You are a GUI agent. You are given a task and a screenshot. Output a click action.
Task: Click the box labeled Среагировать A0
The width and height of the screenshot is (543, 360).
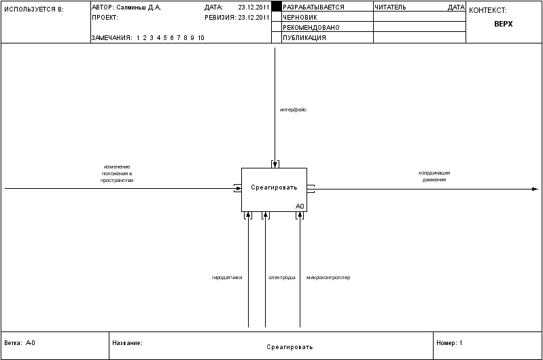pos(274,190)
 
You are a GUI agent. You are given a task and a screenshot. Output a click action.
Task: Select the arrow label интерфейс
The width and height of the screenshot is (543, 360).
pos(293,110)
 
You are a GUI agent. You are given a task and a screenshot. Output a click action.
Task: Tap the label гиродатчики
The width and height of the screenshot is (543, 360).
pos(227,278)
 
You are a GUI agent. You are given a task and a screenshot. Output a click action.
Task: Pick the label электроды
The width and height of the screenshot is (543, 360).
pos(282,278)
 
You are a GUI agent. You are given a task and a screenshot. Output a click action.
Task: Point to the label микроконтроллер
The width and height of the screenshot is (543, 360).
pos(328,278)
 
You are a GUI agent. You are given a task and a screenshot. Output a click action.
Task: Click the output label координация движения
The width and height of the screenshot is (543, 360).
pos(434,176)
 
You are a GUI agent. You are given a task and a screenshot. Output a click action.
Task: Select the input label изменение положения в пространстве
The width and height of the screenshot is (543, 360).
pos(117,173)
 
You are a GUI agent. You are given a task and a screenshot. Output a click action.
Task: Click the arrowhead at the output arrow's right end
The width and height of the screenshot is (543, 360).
pos(535,189)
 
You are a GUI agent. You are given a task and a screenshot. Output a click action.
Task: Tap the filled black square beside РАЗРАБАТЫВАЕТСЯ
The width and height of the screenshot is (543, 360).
pos(277,7)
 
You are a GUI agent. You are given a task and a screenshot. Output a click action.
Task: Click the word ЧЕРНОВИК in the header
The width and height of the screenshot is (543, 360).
pos(300,17)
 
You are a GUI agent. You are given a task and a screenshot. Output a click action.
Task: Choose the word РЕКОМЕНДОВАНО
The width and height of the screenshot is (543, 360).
pos(311,28)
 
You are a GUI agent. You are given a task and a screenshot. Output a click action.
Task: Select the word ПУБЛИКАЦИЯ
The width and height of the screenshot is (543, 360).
pos(304,38)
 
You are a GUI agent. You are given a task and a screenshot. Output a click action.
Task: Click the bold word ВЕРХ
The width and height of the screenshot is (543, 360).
pos(504,24)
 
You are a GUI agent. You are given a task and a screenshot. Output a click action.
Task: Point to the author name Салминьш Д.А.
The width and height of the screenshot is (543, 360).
pos(139,7)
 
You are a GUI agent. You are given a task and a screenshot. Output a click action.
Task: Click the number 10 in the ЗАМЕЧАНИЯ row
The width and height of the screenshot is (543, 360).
pos(201,38)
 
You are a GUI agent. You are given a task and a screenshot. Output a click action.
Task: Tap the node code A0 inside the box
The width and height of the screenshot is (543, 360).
pos(300,206)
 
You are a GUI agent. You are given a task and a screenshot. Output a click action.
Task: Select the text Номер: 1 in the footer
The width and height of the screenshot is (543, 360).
pos(449,343)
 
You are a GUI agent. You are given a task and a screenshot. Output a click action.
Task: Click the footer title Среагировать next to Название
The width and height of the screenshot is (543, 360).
pos(290,347)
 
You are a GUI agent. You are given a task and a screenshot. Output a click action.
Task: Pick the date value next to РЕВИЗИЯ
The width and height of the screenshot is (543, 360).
pos(253,17)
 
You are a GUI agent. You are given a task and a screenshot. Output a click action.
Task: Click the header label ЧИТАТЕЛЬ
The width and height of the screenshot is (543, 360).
pos(390,7)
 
